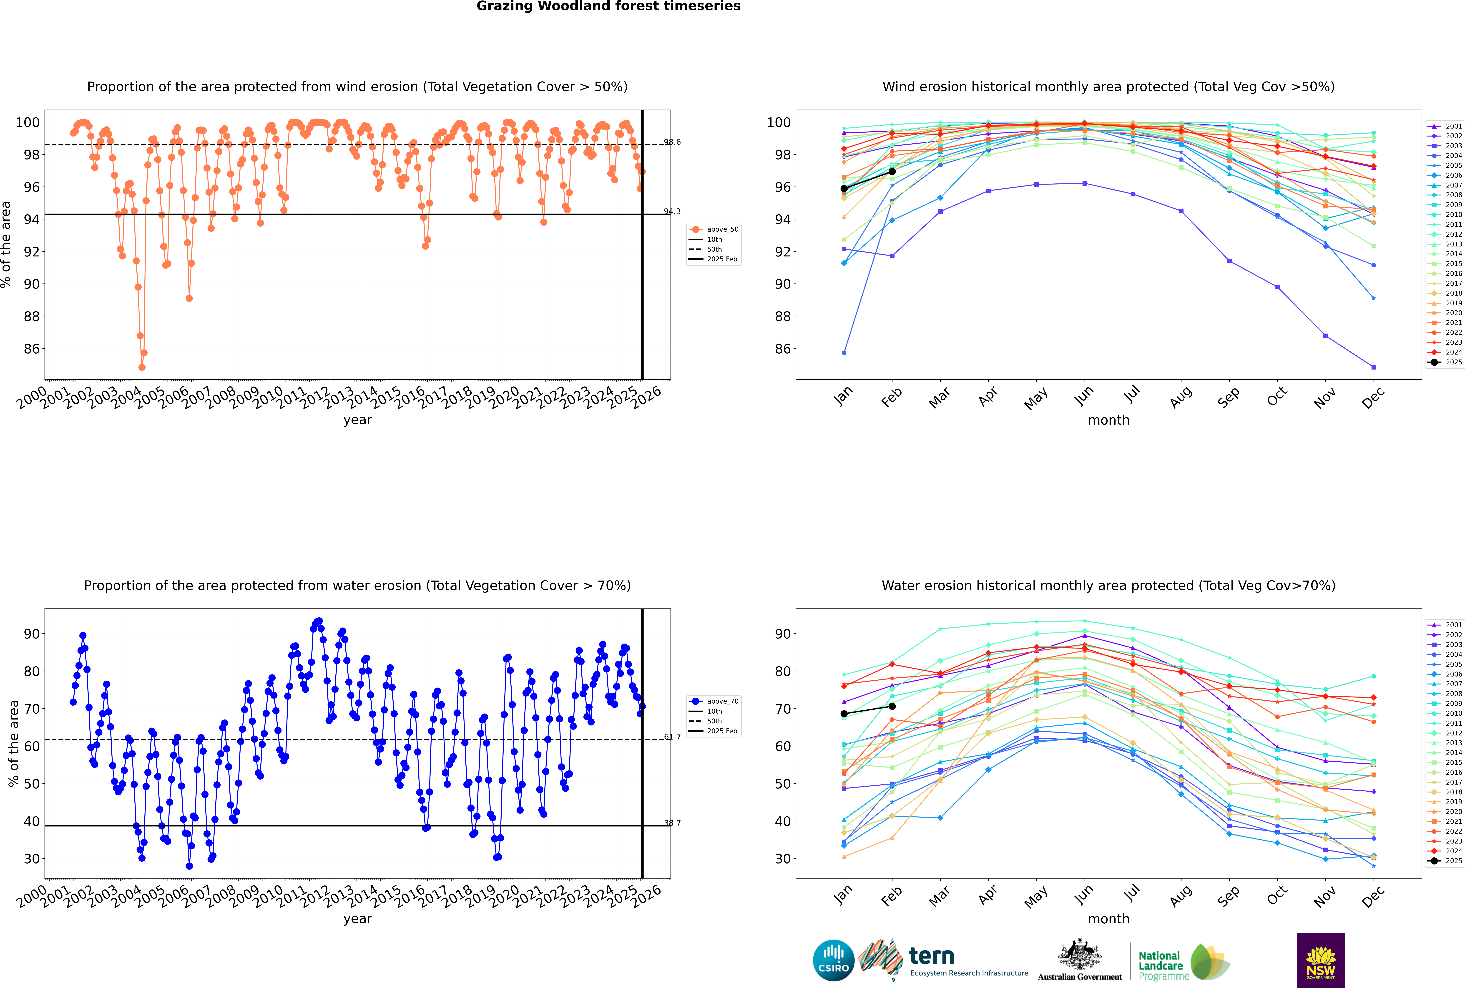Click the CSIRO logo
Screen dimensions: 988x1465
pyautogui.click(x=833, y=960)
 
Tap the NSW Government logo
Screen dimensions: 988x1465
pyautogui.click(x=1321, y=960)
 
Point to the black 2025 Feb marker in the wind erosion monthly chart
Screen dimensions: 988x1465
pyautogui.click(x=892, y=171)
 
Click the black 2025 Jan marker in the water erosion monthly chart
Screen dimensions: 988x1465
pyautogui.click(x=844, y=714)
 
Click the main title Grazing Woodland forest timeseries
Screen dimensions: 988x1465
pyautogui.click(x=608, y=6)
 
